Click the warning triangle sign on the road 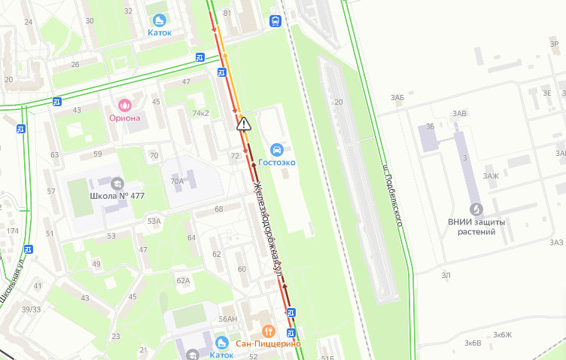[243, 124]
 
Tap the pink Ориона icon [125, 104]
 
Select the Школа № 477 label [117, 196]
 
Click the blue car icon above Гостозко [277, 149]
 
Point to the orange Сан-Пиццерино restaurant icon [268, 331]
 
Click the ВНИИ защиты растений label [476, 227]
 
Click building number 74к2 [200, 113]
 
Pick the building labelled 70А [177, 181]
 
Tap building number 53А [154, 221]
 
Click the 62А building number [183, 280]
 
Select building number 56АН [228, 319]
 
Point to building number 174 [13, 230]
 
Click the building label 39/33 [31, 310]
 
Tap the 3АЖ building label [491, 175]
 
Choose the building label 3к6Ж [502, 334]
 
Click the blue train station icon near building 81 [275, 22]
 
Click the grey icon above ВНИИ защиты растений [476, 209]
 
